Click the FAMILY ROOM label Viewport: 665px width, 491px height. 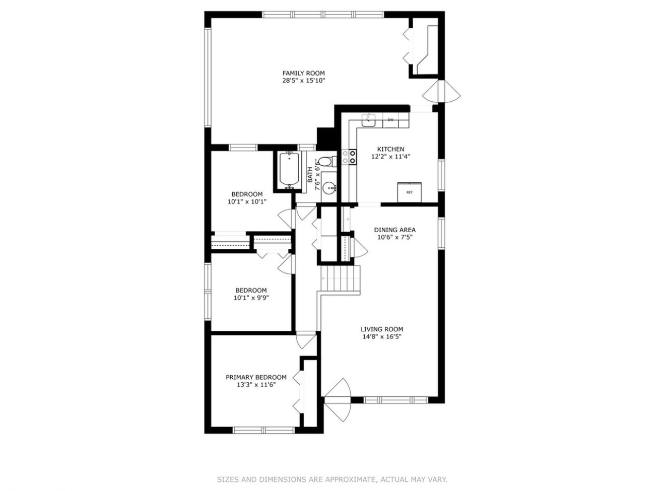pyautogui.click(x=303, y=73)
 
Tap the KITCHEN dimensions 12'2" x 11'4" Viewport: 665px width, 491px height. pyautogui.click(x=390, y=157)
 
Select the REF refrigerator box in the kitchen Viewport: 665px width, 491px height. pyautogui.click(x=409, y=192)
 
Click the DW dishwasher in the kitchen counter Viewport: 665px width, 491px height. pyautogui.click(x=390, y=120)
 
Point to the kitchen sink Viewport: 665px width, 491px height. pyautogui.click(x=368, y=120)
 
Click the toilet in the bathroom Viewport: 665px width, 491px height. pyautogui.click(x=325, y=162)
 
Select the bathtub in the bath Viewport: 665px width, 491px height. pyautogui.click(x=289, y=170)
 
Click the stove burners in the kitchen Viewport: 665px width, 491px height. pyautogui.click(x=349, y=157)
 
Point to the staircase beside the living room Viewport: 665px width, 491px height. pyautogui.click(x=340, y=278)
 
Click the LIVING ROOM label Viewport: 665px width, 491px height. pyautogui.click(x=382, y=329)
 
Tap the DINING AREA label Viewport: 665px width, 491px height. pyautogui.click(x=394, y=230)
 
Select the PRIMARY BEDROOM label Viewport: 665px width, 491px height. pyautogui.click(x=256, y=377)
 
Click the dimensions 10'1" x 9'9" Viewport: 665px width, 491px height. pyautogui.click(x=251, y=298)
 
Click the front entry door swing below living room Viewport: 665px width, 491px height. pyautogui.click(x=338, y=400)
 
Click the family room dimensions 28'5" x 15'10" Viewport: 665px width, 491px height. pyautogui.click(x=304, y=81)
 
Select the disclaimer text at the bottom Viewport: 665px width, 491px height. pyautogui.click(x=332, y=479)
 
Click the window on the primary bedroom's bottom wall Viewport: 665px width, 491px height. pyautogui.click(x=264, y=430)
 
